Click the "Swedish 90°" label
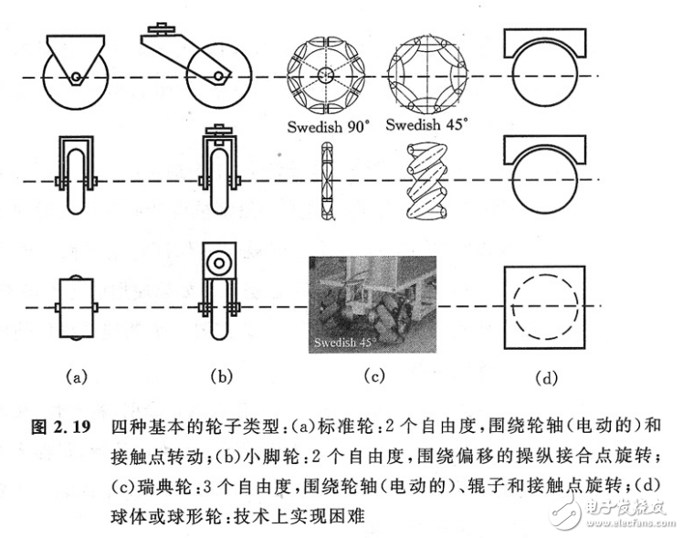coord(324,127)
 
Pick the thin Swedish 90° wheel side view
coord(325,183)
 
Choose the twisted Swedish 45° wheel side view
coord(426,183)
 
